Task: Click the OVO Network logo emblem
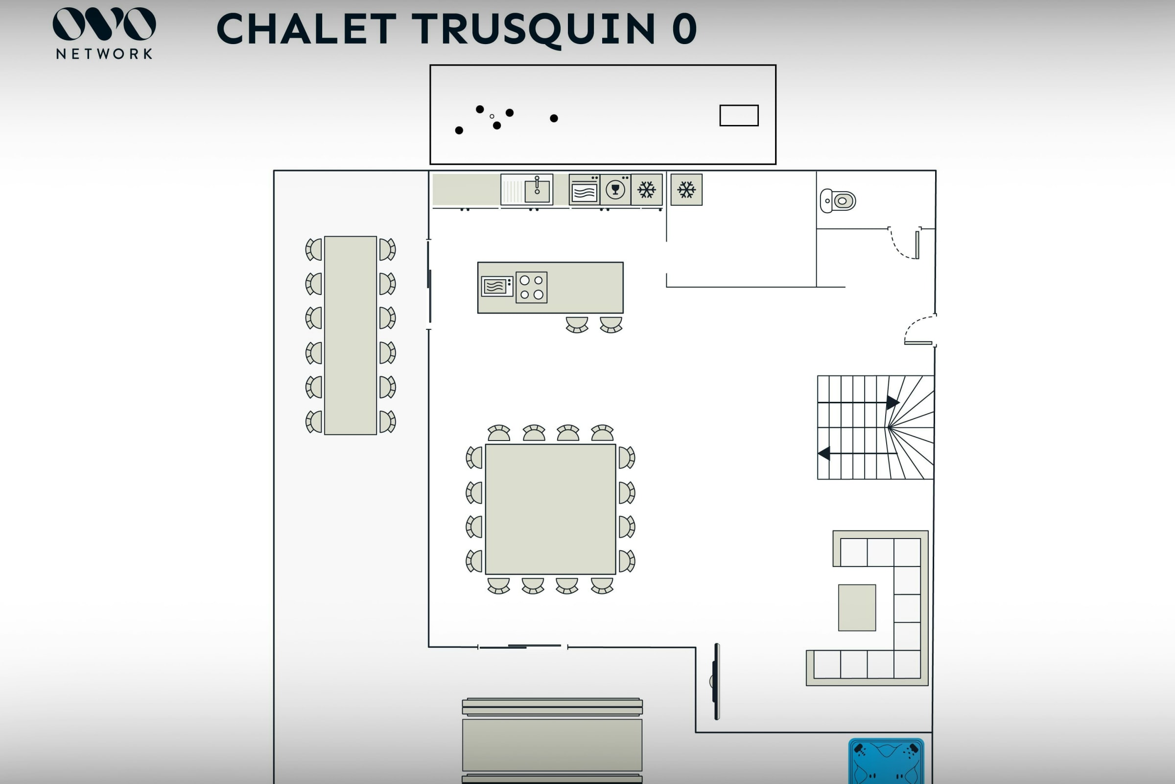(x=104, y=24)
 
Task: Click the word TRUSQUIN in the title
(x=533, y=29)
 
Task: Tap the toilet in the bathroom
(x=838, y=201)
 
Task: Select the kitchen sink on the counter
(x=537, y=190)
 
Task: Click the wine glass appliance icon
(x=615, y=190)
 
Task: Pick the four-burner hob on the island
(x=531, y=288)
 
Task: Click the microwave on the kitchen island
(x=496, y=287)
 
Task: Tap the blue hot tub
(x=886, y=761)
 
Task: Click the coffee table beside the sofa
(x=857, y=608)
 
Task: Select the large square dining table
(x=550, y=509)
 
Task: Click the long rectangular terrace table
(x=350, y=335)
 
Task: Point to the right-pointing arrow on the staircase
(x=892, y=402)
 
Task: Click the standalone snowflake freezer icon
(x=686, y=190)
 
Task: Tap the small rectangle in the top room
(x=739, y=116)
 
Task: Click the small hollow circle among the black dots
(x=492, y=117)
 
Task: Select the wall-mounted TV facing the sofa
(x=716, y=681)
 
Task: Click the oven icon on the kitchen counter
(x=584, y=190)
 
